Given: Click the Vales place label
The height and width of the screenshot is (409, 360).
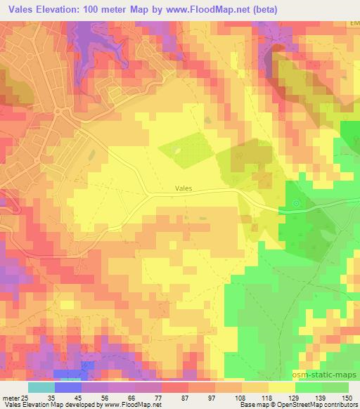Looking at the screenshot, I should (182, 188).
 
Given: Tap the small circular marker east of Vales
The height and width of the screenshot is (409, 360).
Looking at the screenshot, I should (296, 204).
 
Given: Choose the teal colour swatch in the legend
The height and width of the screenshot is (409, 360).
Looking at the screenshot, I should (41, 387).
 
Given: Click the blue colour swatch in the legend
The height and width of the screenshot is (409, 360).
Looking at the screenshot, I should (68, 387).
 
